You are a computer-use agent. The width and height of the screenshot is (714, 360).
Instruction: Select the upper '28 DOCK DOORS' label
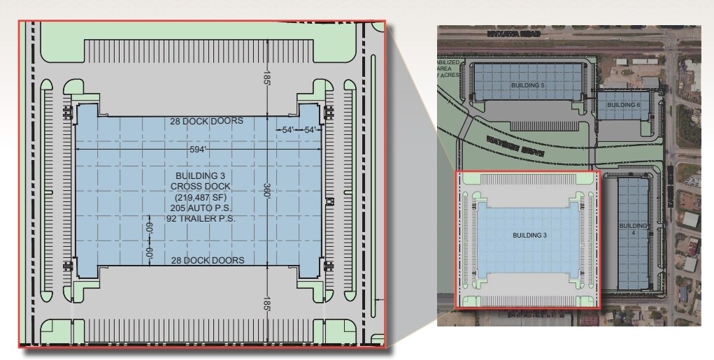pos(207,121)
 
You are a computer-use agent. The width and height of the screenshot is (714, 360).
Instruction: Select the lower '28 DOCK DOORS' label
pos(207,261)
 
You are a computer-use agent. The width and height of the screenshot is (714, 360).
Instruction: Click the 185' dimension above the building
pos(267,77)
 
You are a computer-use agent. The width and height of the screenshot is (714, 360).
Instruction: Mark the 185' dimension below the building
pos(267,303)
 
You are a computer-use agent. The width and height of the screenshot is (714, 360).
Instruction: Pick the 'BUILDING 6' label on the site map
pos(624,105)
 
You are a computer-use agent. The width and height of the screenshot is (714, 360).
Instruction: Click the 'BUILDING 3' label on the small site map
pos(529,236)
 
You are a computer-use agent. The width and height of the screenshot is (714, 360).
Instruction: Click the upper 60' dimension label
pos(149,229)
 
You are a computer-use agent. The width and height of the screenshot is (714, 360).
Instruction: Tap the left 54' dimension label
pos(287,130)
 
